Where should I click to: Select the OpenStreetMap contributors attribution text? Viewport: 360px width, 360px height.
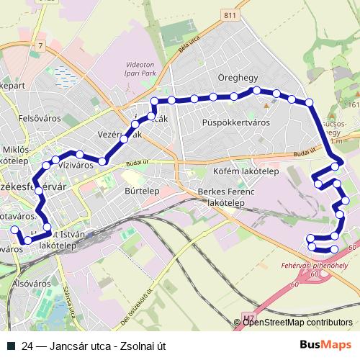coord(297,323)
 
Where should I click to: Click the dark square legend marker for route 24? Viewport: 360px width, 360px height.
coord(11,345)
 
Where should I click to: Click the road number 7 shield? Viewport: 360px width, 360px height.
coord(42,46)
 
